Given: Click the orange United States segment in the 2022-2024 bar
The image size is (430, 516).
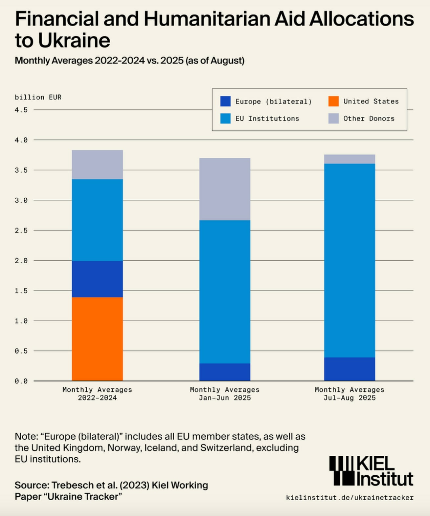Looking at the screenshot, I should pyautogui.click(x=97, y=339).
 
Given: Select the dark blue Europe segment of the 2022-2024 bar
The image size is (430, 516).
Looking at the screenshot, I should pyautogui.click(x=97, y=279).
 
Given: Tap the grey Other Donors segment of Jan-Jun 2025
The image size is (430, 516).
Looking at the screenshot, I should pyautogui.click(x=225, y=189).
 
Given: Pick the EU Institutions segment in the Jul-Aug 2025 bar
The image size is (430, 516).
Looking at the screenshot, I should pyautogui.click(x=349, y=260).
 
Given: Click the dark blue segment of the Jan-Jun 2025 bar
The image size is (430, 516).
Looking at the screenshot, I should pyautogui.click(x=225, y=372).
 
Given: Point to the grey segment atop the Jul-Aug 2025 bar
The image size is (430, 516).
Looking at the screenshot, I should pyautogui.click(x=349, y=159).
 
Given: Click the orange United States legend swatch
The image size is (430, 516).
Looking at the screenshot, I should pyautogui.click(x=333, y=101).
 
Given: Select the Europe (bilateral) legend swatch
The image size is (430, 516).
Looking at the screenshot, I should pyautogui.click(x=226, y=101).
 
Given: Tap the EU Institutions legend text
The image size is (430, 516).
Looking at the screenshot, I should pyautogui.click(x=267, y=118).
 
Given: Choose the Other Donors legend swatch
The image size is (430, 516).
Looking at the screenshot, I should pyautogui.click(x=333, y=118).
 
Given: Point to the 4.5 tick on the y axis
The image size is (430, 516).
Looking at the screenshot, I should pyautogui.click(x=21, y=110).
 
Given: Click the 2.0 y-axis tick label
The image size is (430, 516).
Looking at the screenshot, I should pyautogui.click(x=21, y=261).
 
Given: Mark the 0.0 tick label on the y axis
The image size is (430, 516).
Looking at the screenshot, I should pyautogui.click(x=21, y=381).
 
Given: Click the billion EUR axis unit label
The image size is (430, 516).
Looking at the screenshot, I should pyautogui.click(x=38, y=97).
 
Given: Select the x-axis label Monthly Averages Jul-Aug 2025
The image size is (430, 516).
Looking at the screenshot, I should pyautogui.click(x=349, y=394).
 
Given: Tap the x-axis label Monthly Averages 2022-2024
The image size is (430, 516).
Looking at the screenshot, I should pyautogui.click(x=97, y=394).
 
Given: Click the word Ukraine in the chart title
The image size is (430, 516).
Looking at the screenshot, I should pyautogui.click(x=74, y=41).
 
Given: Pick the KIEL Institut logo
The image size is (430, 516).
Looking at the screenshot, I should pyautogui.click(x=371, y=471).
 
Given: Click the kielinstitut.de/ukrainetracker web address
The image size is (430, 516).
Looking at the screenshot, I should pyautogui.click(x=350, y=498).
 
